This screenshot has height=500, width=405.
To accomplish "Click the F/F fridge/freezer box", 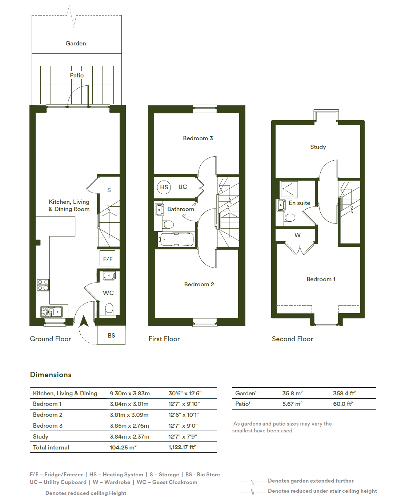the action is click(107, 258).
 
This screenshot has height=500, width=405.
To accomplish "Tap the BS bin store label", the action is click(111, 335).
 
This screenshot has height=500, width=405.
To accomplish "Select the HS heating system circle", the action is click(164, 187).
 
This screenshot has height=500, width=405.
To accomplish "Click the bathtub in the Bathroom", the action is click(176, 239).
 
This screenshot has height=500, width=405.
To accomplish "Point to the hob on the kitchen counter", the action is click(43, 285).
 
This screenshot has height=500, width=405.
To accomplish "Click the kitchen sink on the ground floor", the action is click(51, 312).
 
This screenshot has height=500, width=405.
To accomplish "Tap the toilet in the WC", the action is click(109, 309).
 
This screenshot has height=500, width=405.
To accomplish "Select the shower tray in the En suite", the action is click(289, 189).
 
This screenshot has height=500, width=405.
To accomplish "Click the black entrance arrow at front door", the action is click(84, 321).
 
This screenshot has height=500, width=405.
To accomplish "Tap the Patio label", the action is click(77, 75).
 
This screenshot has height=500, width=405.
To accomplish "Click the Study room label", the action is click(318, 147).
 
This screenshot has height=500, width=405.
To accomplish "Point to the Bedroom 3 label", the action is click(198, 138).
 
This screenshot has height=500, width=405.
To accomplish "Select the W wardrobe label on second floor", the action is click(297, 235).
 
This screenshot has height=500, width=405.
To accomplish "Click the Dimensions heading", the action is click(51, 374).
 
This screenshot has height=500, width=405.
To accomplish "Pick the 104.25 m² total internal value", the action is click(123, 447).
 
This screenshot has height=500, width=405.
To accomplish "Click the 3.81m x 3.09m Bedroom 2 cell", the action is click(129, 415).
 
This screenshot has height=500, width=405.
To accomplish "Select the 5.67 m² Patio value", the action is click(292, 404).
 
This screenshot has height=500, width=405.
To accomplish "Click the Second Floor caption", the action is click(292, 339).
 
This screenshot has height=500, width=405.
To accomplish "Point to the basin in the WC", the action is click(109, 276).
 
